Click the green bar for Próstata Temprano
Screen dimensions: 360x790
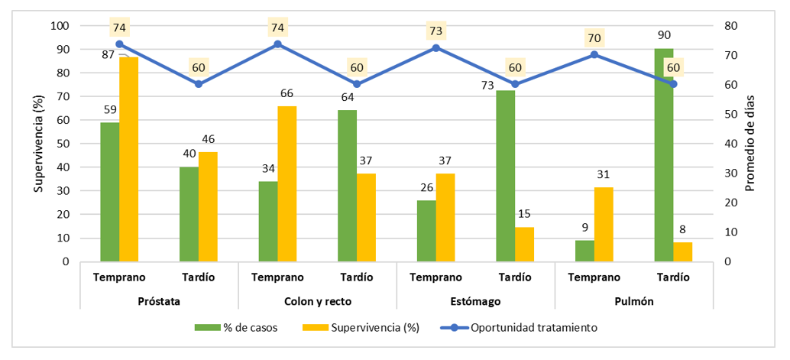pyautogui.click(x=110, y=191)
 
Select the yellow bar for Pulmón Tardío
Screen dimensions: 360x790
pyautogui.click(x=683, y=251)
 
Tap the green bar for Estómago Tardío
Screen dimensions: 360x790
pyautogui.click(x=505, y=176)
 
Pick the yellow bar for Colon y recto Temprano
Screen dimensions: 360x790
pyautogui.click(x=287, y=183)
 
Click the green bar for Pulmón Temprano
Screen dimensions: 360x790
pyautogui.click(x=584, y=251)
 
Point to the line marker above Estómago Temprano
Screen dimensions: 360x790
pyautogui.click(x=435, y=47)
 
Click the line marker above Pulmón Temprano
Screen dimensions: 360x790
pyautogui.click(x=594, y=55)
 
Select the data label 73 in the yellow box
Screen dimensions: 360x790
pyautogui.click(x=435, y=31)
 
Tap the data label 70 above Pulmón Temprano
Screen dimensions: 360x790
pyautogui.click(x=594, y=37)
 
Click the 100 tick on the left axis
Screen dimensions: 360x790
pyautogui.click(x=60, y=26)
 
